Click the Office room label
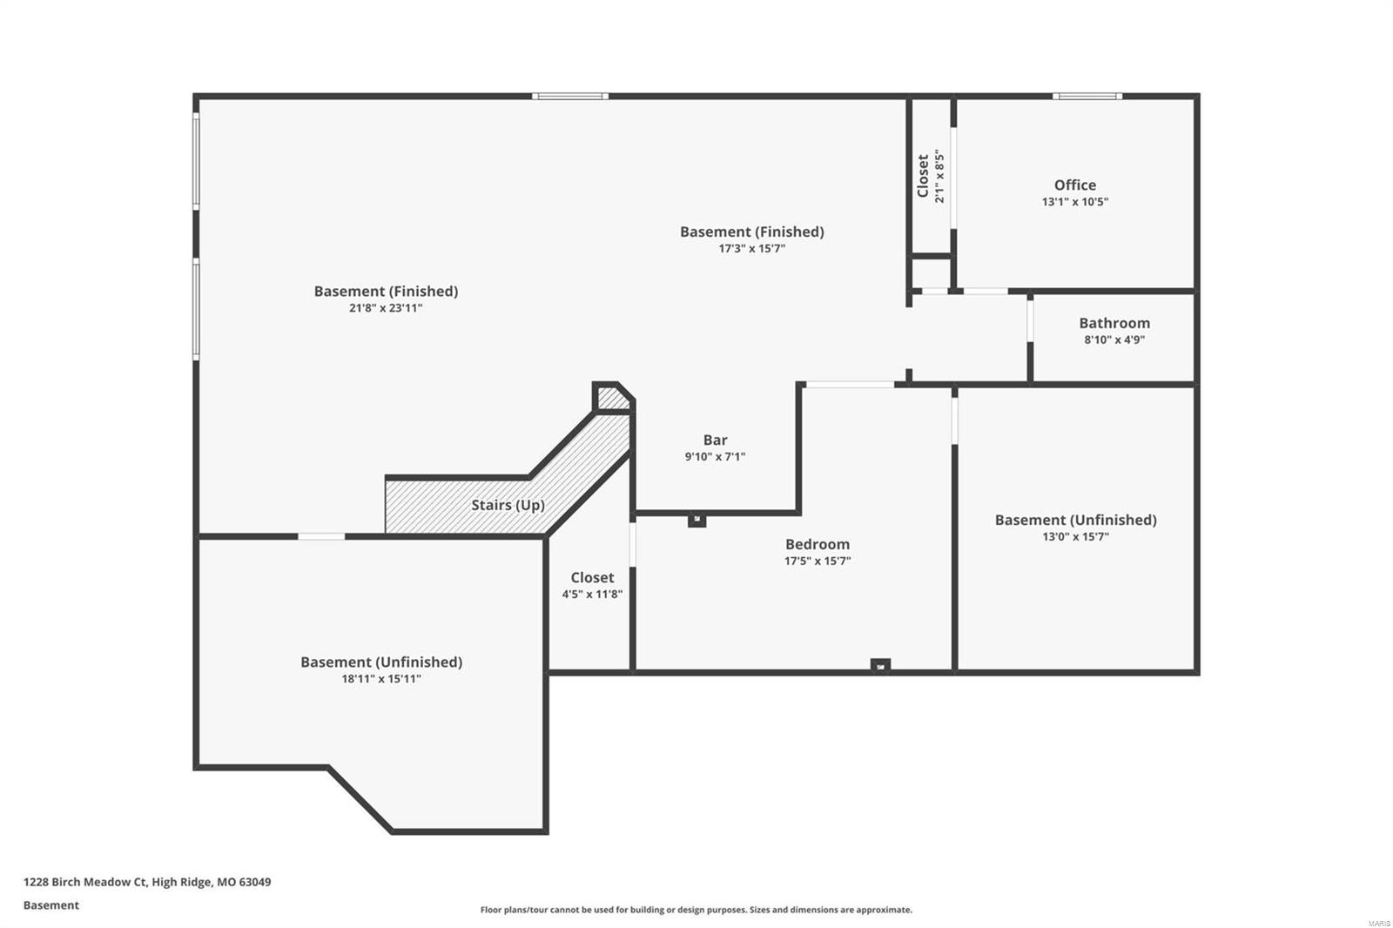(1074, 185)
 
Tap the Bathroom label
(1114, 323)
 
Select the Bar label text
(715, 440)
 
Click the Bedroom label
(817, 544)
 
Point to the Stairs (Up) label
(508, 505)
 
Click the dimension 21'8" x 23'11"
(386, 307)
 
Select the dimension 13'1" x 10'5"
(1074, 202)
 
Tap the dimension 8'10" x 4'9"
(1114, 340)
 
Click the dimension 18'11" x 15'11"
(381, 678)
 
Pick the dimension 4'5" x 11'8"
(592, 595)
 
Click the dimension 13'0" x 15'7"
(1075, 536)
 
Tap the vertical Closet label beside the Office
(923, 176)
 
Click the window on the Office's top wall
(1087, 96)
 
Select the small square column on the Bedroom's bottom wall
(880, 666)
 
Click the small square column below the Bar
(696, 520)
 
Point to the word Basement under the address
(50, 905)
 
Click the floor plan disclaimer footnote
(696, 910)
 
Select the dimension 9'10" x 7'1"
(715, 456)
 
